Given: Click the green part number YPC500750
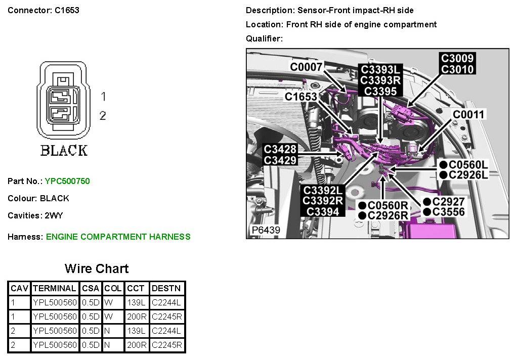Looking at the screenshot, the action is (x=67, y=181).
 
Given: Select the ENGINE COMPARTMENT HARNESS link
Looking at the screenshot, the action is (x=118, y=237).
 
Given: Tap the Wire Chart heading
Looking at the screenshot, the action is (x=97, y=268).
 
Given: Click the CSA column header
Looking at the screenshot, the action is (x=91, y=288).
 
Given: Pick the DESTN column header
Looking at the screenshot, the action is (x=166, y=288).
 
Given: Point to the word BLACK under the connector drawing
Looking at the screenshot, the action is (x=64, y=150).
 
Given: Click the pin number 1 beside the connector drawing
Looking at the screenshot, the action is (x=103, y=96).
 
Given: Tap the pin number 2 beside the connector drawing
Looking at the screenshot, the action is (x=103, y=116).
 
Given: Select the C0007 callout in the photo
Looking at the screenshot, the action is (x=306, y=66).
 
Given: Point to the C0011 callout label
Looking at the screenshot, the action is (x=468, y=114).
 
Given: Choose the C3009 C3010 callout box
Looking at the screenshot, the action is (x=457, y=64).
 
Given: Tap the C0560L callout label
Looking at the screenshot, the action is (x=468, y=164).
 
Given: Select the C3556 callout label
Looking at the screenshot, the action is (x=448, y=212).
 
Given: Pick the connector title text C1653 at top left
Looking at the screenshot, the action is (x=67, y=10).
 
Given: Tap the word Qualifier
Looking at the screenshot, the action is (x=263, y=38).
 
